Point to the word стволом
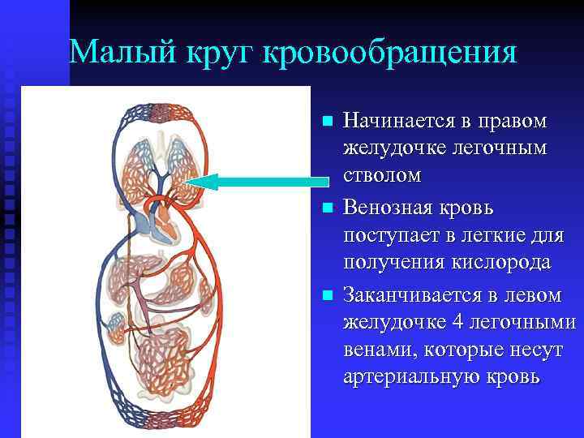382,175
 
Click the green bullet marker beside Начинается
327,122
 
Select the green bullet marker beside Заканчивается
327,294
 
